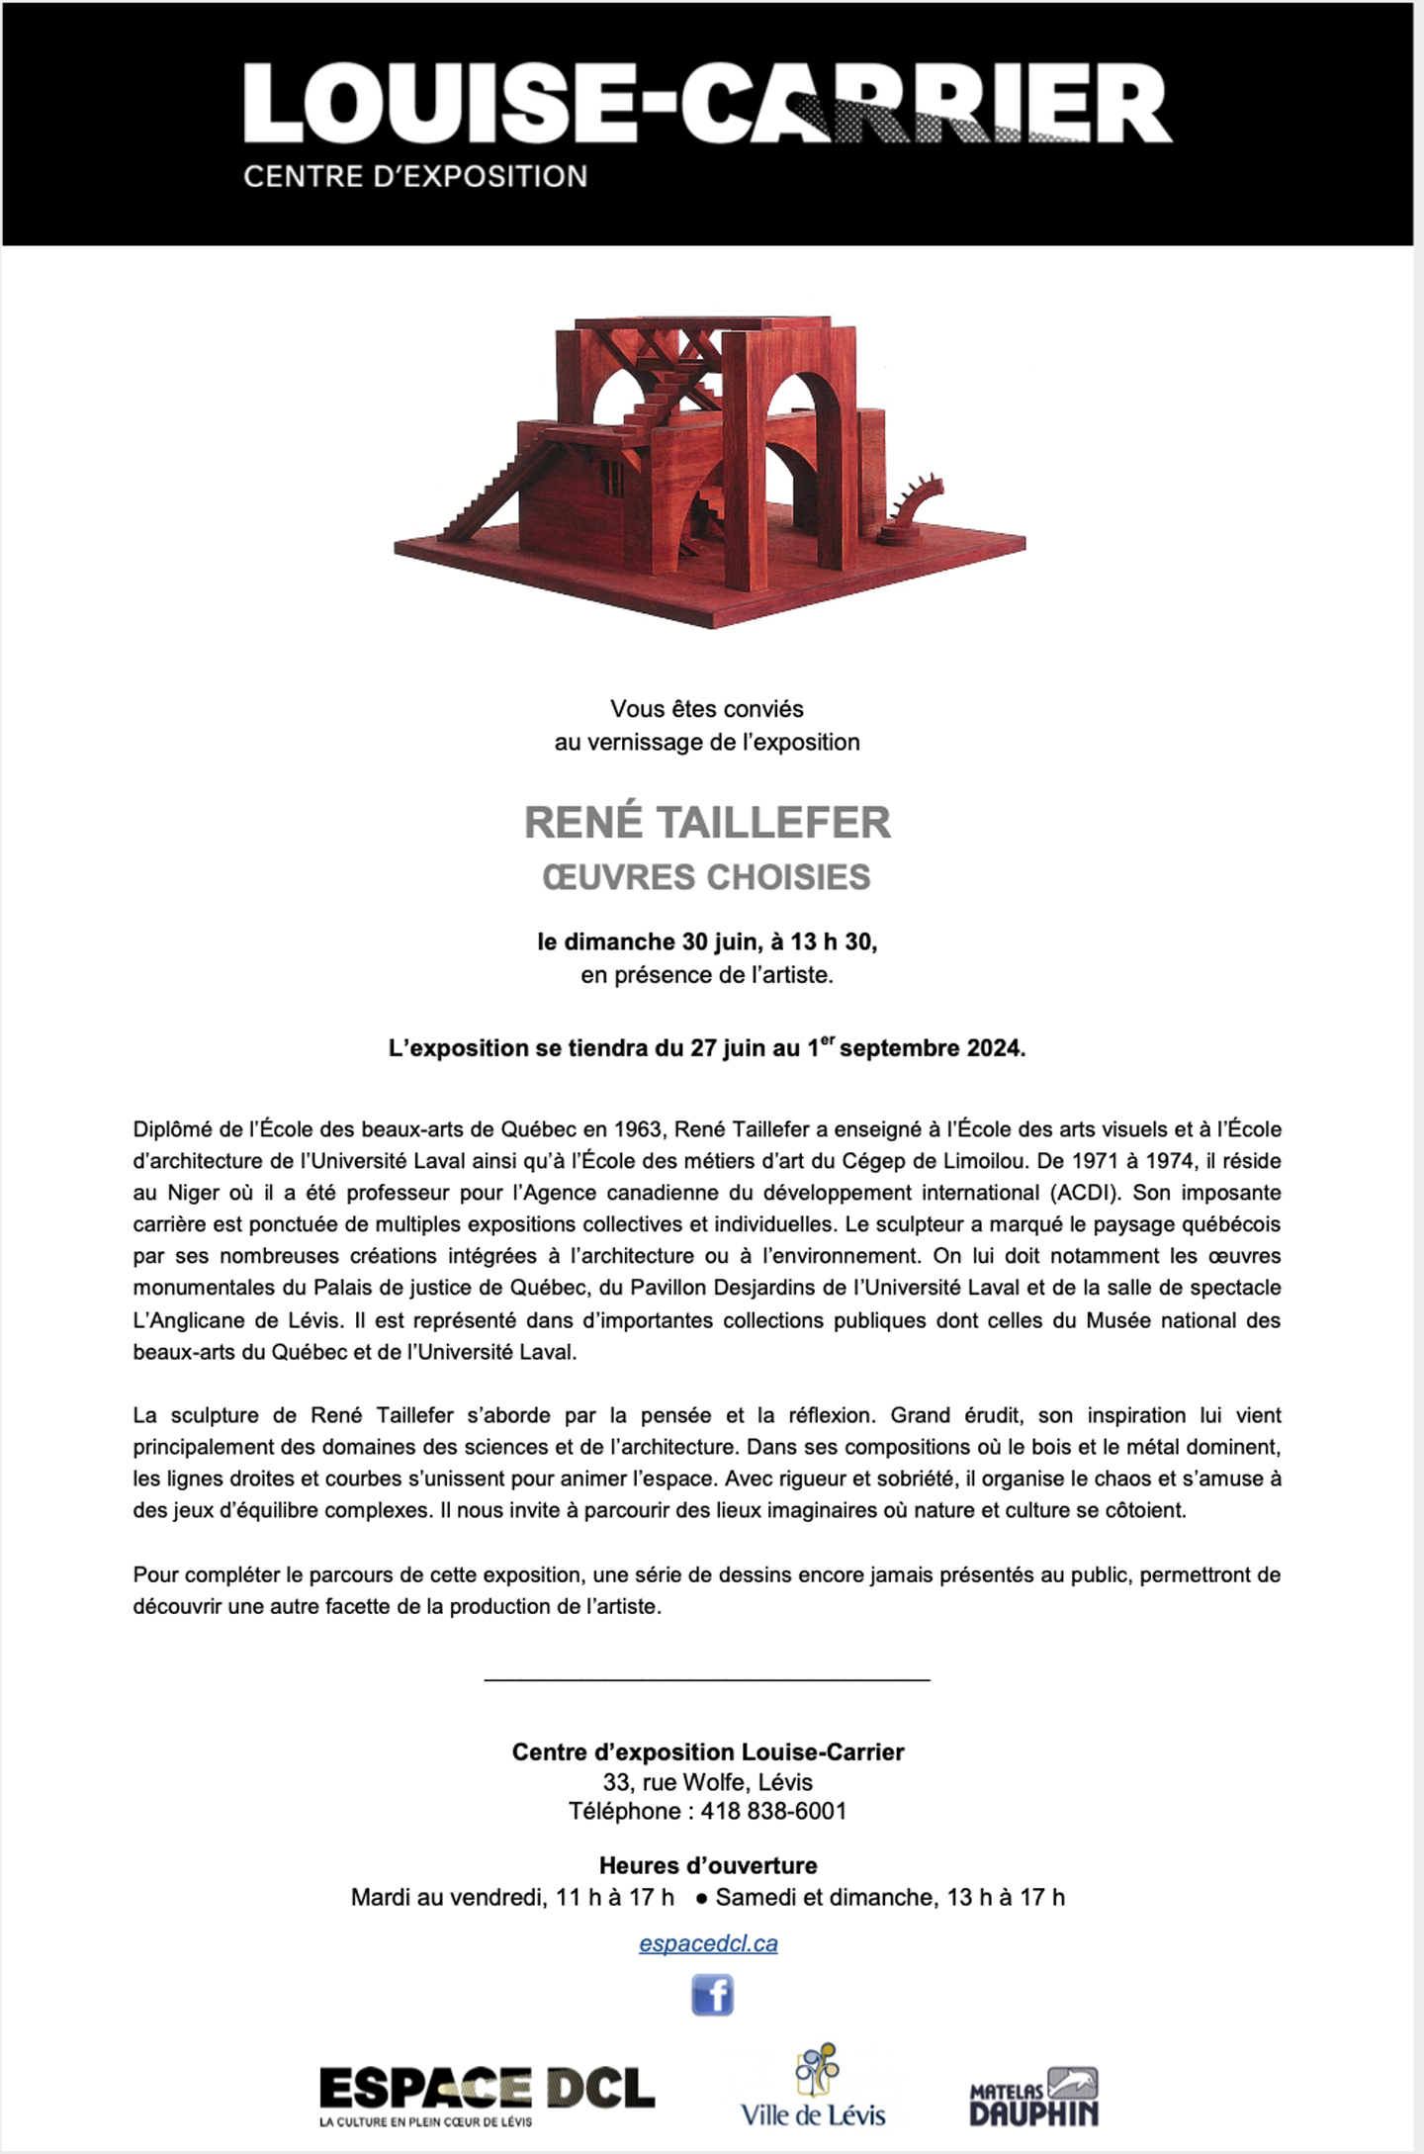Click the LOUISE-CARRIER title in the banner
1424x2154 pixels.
click(x=707, y=104)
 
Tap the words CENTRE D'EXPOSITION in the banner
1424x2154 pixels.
click(x=415, y=177)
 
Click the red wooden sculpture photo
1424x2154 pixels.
click(x=708, y=470)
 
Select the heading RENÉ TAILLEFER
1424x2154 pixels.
click(x=707, y=823)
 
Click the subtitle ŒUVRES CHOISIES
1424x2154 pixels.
click(x=707, y=877)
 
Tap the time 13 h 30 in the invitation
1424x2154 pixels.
click(x=832, y=942)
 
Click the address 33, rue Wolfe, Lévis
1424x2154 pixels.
click(x=707, y=1782)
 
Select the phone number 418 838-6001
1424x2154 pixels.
click(x=773, y=1811)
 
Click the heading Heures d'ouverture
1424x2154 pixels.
click(x=707, y=1865)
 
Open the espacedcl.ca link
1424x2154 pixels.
click(x=707, y=1943)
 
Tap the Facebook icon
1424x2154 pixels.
click(x=712, y=1995)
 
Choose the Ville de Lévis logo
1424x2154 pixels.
click(x=813, y=2087)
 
